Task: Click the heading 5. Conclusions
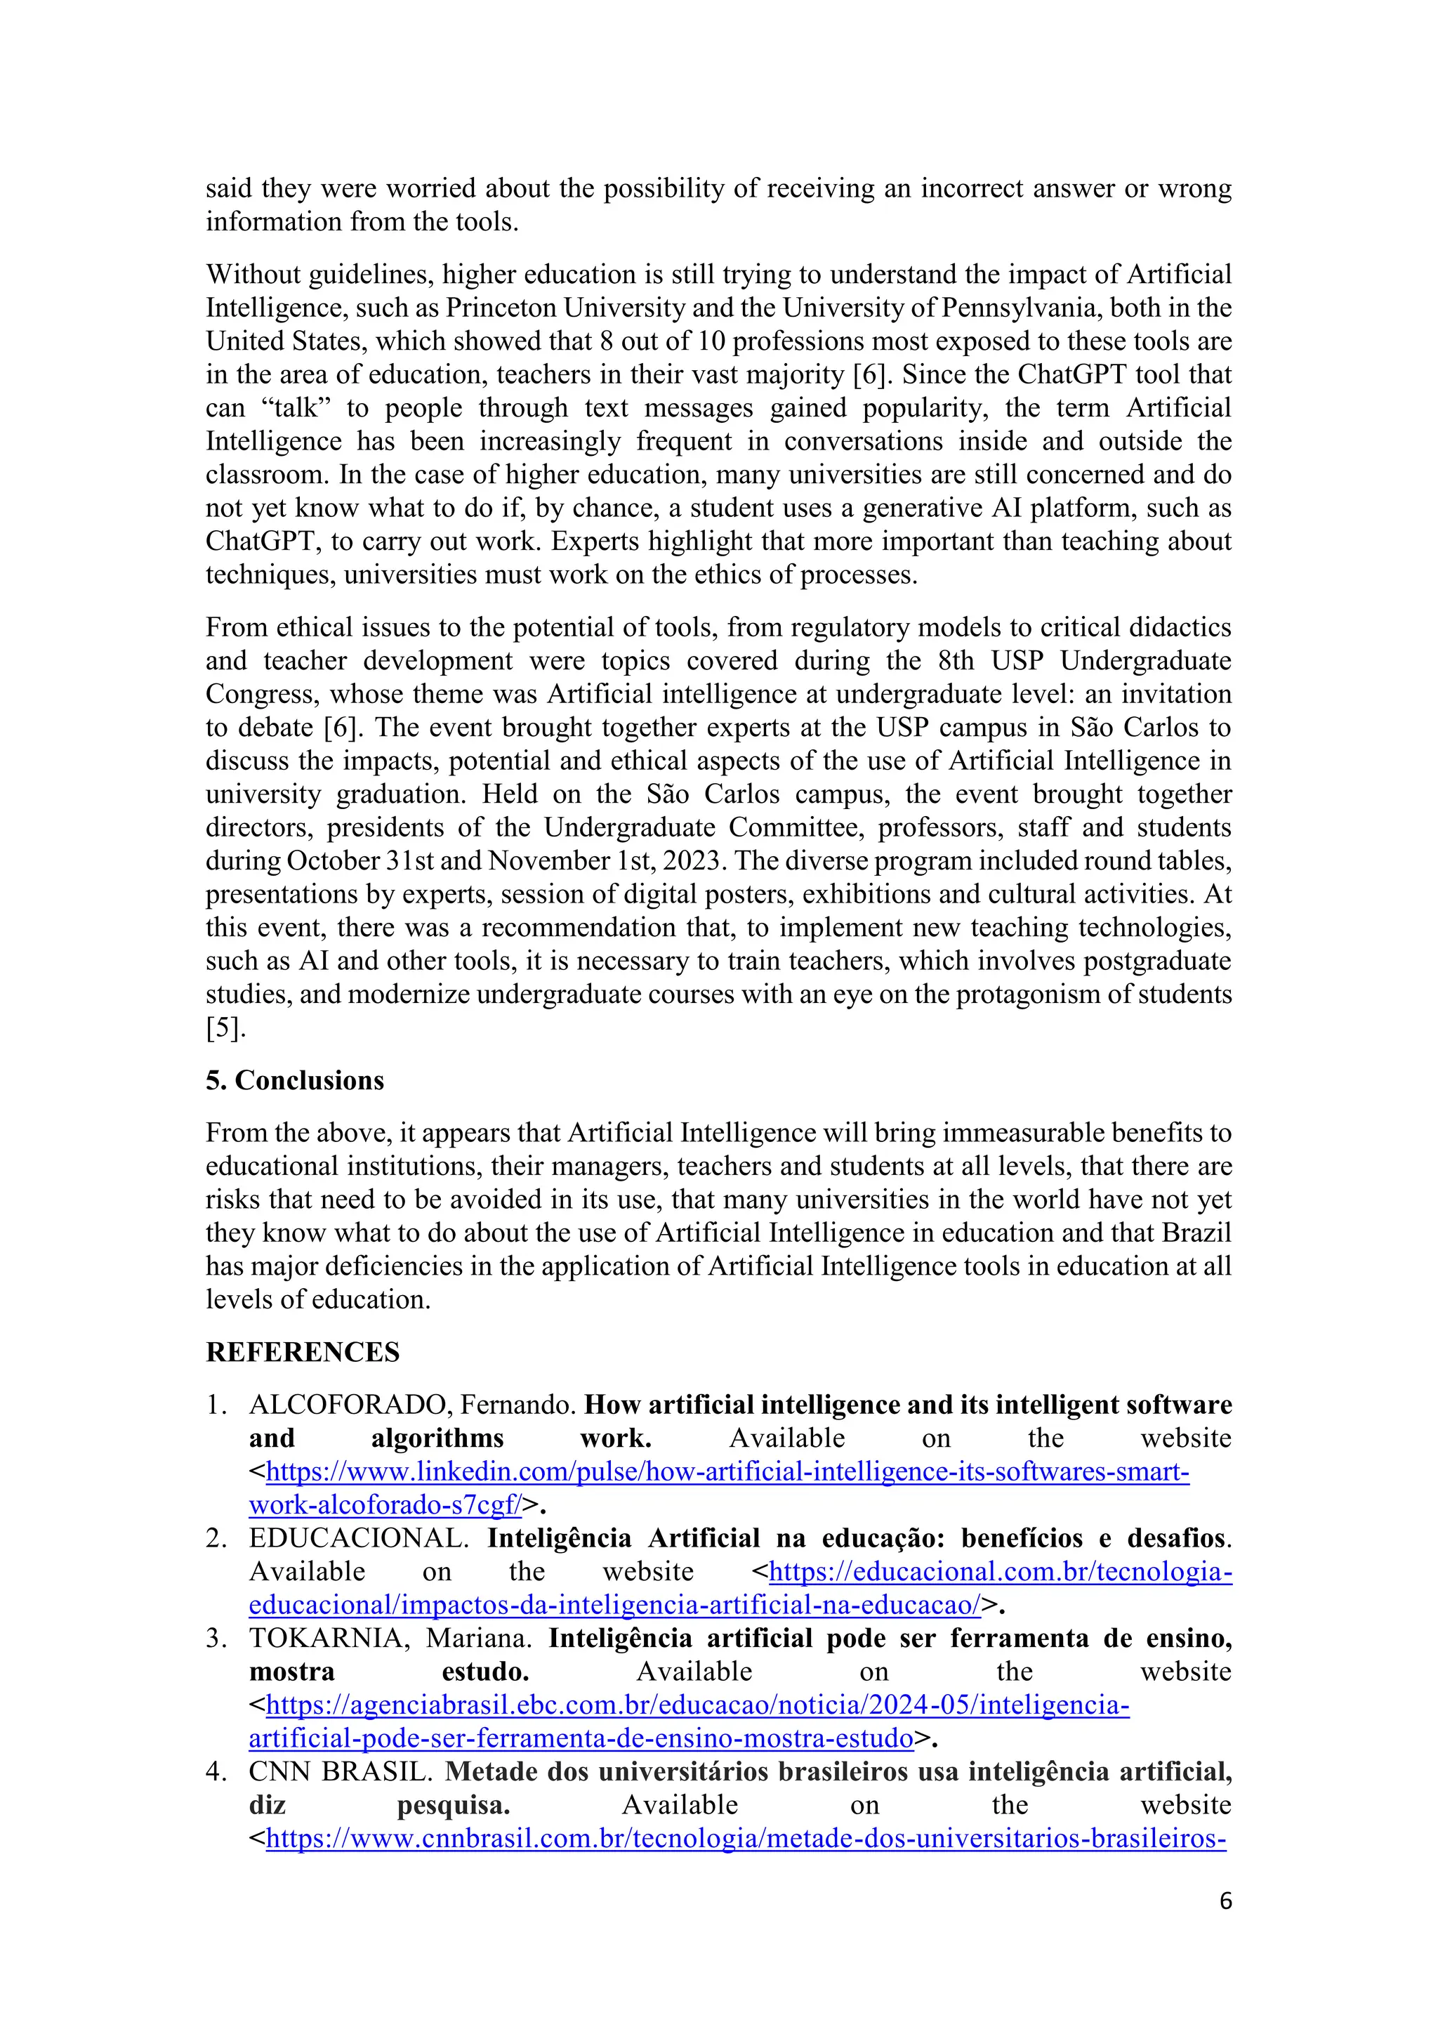[295, 1080]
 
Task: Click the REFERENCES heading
[303, 1352]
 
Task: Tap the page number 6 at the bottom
[1225, 1901]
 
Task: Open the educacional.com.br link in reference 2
[1000, 1572]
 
